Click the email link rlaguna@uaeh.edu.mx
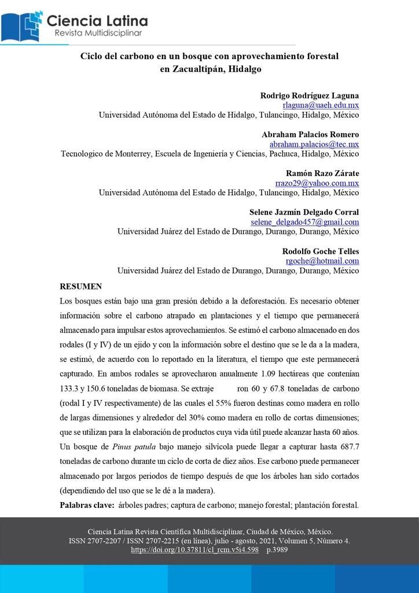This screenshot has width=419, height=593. pyautogui.click(x=321, y=105)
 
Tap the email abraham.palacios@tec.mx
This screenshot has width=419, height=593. pyautogui.click(x=314, y=144)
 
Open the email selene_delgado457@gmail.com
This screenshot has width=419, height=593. pyautogui.click(x=304, y=222)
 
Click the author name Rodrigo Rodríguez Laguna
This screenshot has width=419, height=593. pyautogui.click(x=310, y=96)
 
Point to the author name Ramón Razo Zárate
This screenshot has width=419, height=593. pyautogui.click(x=322, y=173)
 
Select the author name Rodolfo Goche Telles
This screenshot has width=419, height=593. pyautogui.click(x=321, y=251)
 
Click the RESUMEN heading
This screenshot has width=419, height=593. pyautogui.click(x=81, y=287)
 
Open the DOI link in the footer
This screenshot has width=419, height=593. pyautogui.click(x=194, y=550)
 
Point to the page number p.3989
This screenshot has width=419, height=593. pyautogui.click(x=277, y=550)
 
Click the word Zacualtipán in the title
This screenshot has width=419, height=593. pyautogui.click(x=190, y=69)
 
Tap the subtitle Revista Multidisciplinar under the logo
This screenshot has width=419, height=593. pyautogui.click(x=98, y=34)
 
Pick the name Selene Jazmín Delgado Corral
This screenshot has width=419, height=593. pyautogui.click(x=304, y=212)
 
